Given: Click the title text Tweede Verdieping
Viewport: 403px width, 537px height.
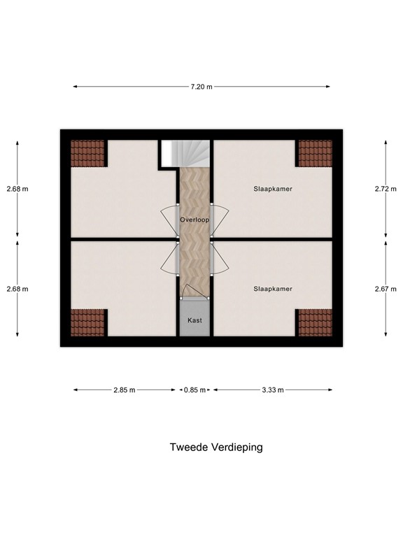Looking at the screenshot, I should coord(216,447).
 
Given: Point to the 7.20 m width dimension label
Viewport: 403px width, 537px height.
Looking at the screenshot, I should coord(201,87).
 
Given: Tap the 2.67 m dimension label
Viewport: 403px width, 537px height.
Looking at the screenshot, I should coord(386,289).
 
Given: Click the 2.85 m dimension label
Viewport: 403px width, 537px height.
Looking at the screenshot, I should coord(125,390).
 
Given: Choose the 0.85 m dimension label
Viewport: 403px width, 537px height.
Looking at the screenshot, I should coord(195,390).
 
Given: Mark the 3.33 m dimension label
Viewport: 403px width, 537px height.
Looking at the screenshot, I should coord(272,390).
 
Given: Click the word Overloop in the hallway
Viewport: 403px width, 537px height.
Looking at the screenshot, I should coord(194,219).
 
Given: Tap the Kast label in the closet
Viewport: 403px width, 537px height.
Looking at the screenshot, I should coord(194,320).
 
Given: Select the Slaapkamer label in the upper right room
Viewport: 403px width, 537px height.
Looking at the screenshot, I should coord(272,189).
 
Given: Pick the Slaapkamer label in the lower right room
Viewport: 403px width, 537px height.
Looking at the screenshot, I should coord(272,288).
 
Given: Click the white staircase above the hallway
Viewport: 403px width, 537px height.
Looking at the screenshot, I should coord(185,153).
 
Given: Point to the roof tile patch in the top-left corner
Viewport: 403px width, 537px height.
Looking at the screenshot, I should coord(88,153).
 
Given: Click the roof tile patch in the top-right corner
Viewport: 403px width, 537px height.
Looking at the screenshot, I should coord(315,153).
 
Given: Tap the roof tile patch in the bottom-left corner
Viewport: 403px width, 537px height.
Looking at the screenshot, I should coord(88,322).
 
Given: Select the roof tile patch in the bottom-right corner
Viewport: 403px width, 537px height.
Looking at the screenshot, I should coord(315,322).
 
